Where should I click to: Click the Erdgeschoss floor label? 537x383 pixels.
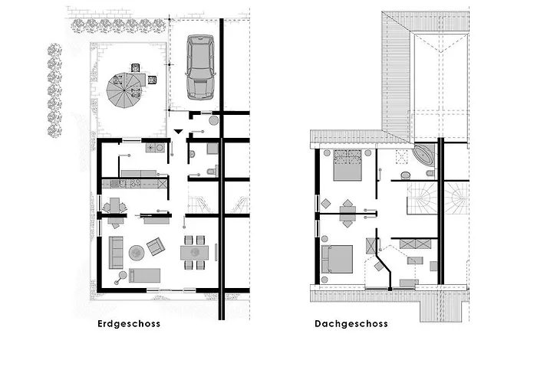tap(129, 323)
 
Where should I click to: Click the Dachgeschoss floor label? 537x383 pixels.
tap(351, 323)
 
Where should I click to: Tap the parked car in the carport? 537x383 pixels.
tap(200, 67)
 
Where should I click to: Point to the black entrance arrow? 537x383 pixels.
tap(178, 131)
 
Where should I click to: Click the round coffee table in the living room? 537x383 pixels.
tap(137, 253)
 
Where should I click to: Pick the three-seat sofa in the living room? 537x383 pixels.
tap(116, 252)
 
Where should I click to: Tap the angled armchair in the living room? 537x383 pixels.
tap(156, 246)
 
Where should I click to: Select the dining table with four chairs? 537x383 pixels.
tap(194, 252)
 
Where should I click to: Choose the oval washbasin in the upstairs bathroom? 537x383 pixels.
tap(406, 175)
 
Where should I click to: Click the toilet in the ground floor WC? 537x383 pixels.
tap(212, 171)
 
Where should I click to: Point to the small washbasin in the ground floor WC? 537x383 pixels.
tap(192, 154)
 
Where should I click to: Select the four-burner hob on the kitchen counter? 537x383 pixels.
tap(135, 184)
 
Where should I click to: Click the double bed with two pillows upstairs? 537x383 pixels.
tap(348, 165)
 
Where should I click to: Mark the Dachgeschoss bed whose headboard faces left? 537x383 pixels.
tap(337, 259)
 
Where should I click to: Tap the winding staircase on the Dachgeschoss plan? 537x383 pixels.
tap(422, 198)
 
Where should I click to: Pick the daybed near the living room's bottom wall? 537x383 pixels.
tap(144, 276)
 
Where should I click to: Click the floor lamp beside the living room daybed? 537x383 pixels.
tap(121, 274)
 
